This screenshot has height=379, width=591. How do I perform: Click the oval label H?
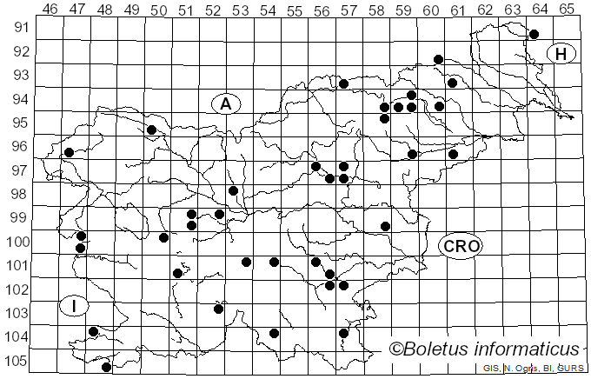click(x=561, y=54)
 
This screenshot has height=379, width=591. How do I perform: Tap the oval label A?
click(x=225, y=103)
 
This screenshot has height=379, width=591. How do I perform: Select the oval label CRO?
click(x=460, y=246)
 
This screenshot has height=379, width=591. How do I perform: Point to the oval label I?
click(x=75, y=305)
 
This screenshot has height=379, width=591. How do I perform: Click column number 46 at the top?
click(x=50, y=10)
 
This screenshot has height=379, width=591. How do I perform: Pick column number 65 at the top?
click(x=567, y=10)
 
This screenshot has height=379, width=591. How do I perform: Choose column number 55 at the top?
click(x=295, y=10)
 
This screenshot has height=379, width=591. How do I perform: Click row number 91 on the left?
click(x=17, y=28)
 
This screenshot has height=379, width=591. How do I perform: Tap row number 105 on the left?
click(x=17, y=361)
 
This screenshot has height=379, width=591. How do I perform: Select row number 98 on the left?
click(x=17, y=194)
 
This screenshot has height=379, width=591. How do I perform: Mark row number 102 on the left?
click(x=17, y=289)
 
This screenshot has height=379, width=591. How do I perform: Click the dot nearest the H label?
click(x=534, y=34)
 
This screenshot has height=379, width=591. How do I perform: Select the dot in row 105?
click(x=107, y=367)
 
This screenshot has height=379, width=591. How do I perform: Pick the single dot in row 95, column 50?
click(x=151, y=130)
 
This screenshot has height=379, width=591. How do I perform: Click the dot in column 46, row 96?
click(x=69, y=152)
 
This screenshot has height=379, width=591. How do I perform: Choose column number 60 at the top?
click(x=431, y=10)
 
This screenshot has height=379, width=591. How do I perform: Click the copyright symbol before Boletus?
click(x=396, y=349)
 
